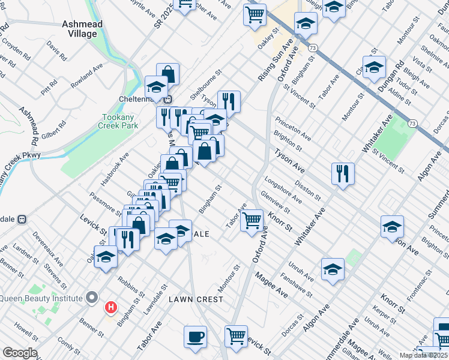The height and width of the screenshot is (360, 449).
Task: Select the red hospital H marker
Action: pyautogui.click(x=111, y=308)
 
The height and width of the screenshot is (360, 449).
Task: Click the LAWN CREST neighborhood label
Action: pyautogui.click(x=192, y=298)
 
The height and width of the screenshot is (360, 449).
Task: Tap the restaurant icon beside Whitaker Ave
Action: pyautogui.click(x=343, y=173)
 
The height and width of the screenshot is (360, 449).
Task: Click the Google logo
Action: pyautogui.click(x=20, y=353)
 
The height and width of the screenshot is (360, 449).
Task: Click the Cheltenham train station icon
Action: pyautogui.click(x=169, y=99)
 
